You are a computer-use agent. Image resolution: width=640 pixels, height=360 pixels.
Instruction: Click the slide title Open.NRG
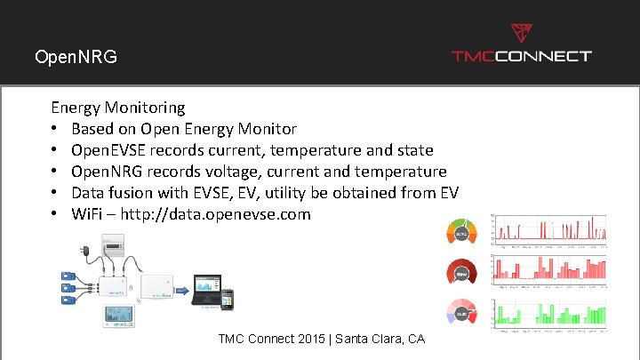click(x=76, y=57)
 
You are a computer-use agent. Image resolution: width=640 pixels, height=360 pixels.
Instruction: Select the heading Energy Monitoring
click(x=118, y=108)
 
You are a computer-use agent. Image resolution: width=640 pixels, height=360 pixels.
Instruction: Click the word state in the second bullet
click(x=412, y=149)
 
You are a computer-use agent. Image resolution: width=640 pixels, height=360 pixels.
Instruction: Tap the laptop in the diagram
click(x=210, y=287)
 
